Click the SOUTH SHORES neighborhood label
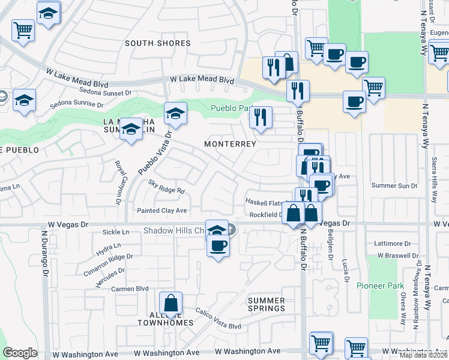[158, 43]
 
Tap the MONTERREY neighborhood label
[230, 144]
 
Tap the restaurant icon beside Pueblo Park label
[260, 116]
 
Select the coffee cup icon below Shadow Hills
[218, 245]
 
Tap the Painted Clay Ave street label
[162, 211]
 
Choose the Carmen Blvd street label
[130, 289]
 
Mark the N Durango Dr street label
[44, 251]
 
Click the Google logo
[20, 353]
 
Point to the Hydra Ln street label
[109, 245]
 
